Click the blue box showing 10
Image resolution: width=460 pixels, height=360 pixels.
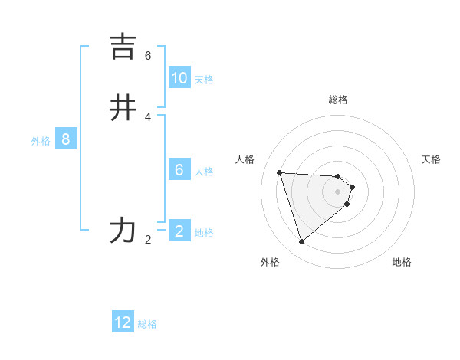(x=179, y=78)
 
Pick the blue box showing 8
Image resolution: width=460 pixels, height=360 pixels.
(x=66, y=139)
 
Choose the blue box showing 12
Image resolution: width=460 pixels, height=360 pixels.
(x=123, y=322)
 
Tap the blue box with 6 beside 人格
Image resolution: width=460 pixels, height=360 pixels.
(x=179, y=169)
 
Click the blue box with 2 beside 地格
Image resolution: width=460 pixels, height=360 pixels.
(x=179, y=231)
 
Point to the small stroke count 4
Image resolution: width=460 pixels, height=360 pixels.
(x=148, y=116)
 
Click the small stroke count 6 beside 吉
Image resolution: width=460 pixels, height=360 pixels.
(x=148, y=56)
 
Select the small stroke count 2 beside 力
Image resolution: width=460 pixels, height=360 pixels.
(x=148, y=240)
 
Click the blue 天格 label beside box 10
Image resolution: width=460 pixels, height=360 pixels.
(x=204, y=80)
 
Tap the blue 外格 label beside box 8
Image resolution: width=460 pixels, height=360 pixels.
(x=41, y=141)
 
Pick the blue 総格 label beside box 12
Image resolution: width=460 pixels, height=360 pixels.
(x=147, y=324)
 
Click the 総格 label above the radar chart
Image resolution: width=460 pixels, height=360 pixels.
(x=338, y=100)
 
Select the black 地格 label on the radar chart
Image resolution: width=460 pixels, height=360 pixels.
(x=402, y=262)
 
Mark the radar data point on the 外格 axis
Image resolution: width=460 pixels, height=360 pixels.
(x=301, y=242)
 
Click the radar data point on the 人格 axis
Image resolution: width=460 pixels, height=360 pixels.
(x=280, y=172)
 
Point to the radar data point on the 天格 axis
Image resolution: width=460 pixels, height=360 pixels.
(x=352, y=187)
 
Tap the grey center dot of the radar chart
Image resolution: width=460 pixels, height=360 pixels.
(x=338, y=201)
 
